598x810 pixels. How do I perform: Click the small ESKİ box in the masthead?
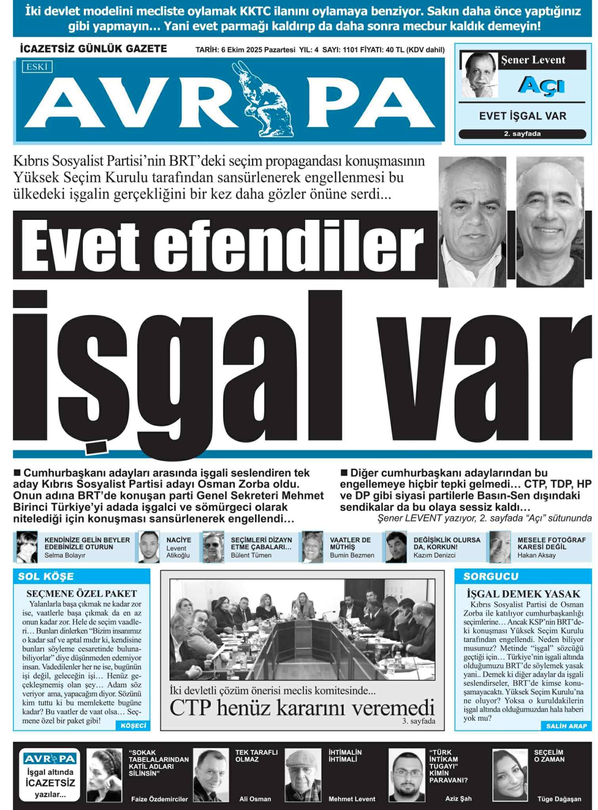tap(37, 67)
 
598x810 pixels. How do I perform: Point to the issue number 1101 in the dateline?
tap(350, 50)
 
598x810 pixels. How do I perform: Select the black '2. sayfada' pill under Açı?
tap(522, 134)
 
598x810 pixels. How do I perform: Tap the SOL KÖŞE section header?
tap(46, 576)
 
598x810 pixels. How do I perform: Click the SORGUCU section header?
tap(491, 576)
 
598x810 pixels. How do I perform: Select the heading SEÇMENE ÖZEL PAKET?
tap(82, 594)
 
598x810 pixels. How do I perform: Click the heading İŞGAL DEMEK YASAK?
tap(523, 594)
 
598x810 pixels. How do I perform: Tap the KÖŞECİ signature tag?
tap(133, 725)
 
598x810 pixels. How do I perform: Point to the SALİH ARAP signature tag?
tap(566, 726)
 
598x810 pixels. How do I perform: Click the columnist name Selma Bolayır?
tap(65, 555)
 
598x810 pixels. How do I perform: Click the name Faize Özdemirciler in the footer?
tap(159, 799)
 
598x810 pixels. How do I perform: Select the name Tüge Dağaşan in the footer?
tap(559, 799)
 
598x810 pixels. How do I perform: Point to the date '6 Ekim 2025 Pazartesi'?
tap(258, 50)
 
